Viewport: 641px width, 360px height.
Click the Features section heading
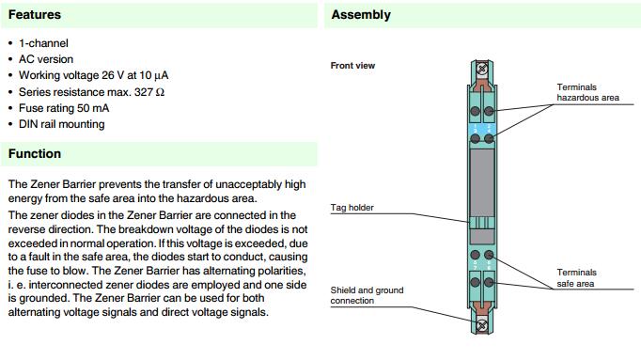tap(35, 15)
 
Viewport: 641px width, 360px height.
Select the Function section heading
tap(35, 153)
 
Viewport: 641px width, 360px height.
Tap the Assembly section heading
tap(361, 15)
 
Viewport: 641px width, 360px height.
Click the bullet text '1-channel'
tap(43, 43)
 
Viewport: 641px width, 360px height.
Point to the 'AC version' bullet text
tap(46, 59)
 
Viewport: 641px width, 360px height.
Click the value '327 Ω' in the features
tap(149, 92)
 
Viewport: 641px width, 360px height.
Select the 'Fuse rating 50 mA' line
tap(64, 108)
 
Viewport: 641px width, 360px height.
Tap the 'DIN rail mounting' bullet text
tap(62, 124)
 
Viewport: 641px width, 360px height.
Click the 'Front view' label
tap(352, 66)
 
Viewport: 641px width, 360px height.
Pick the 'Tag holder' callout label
tap(352, 208)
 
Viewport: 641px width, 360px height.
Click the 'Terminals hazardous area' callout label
tap(587, 92)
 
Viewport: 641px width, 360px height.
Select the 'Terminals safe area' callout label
tap(576, 278)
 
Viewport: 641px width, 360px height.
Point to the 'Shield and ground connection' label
tap(367, 295)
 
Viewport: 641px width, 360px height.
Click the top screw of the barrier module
tap(482, 69)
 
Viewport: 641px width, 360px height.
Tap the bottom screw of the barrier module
tap(482, 325)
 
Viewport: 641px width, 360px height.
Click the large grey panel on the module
tap(482, 182)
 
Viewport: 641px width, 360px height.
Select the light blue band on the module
tap(482, 129)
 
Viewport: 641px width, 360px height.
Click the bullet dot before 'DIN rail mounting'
tap(10, 124)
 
